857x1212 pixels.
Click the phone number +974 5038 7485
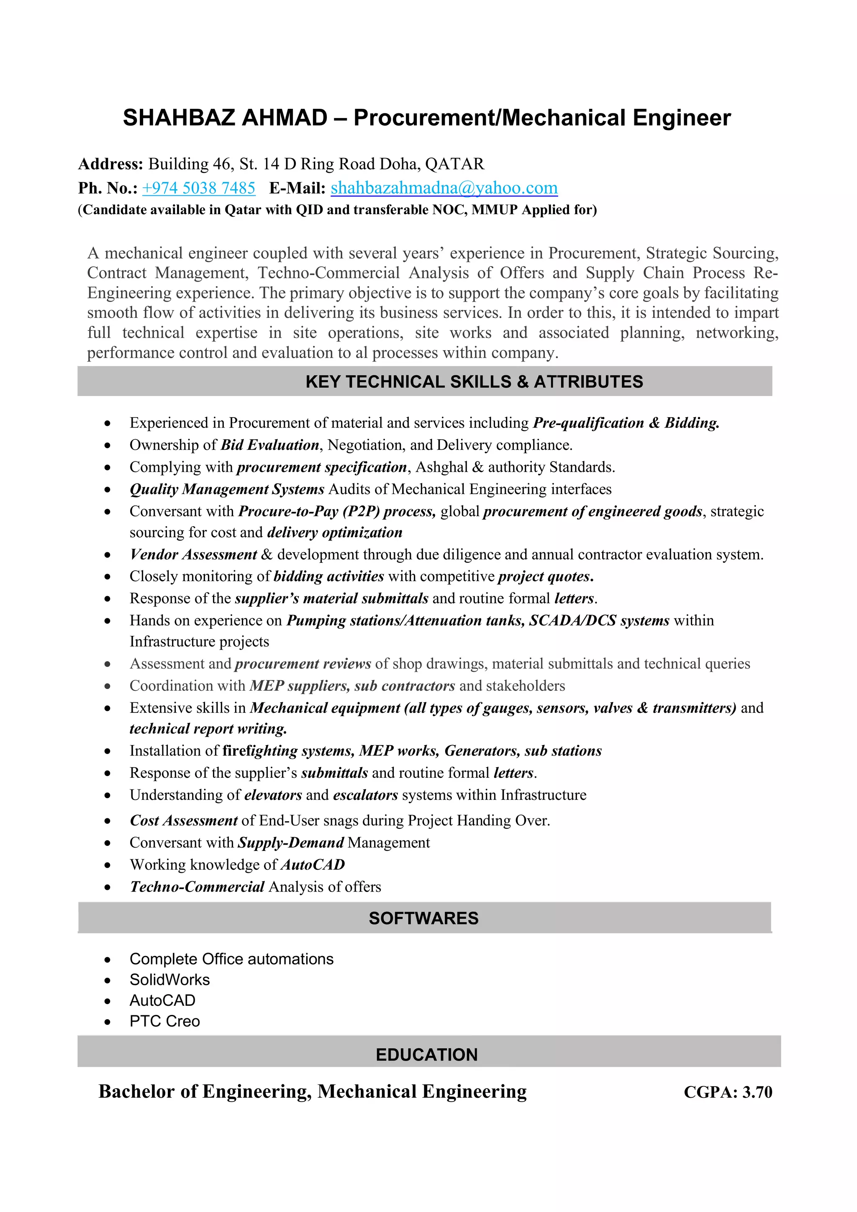point(198,188)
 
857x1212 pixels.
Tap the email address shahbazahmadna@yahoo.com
point(444,188)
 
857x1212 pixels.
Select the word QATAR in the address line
point(454,164)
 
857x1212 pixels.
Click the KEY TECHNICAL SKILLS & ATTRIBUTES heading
point(474,382)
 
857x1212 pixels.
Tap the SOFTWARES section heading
point(423,918)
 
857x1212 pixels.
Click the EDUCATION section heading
point(427,1054)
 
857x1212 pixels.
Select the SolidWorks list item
point(169,980)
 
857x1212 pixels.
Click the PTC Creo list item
point(165,1021)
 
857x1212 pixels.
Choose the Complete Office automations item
point(231,958)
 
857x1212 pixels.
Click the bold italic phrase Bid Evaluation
point(270,445)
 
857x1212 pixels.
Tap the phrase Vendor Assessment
point(193,554)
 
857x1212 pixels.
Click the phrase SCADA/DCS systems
point(599,620)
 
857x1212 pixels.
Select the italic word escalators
point(365,795)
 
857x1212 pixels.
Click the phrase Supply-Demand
point(291,843)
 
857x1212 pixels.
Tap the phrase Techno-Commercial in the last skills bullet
point(198,887)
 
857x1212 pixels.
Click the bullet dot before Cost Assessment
point(108,821)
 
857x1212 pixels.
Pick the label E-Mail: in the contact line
point(297,188)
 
